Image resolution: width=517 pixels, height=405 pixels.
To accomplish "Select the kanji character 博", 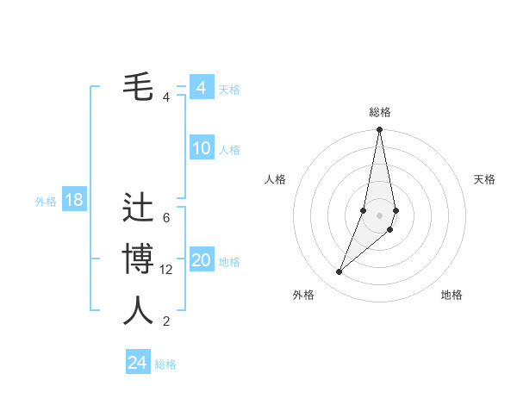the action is coord(138,259).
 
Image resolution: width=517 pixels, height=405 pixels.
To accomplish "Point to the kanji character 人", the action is coord(138,311).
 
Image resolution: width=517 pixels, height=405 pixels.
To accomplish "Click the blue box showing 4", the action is coord(201,88).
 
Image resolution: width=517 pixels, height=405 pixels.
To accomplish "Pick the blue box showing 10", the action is coord(201,148).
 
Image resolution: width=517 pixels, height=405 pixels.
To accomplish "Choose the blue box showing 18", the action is coord(74,201).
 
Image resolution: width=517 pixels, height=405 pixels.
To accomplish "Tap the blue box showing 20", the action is coord(201,260).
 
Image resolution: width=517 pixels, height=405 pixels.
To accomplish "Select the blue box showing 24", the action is coord(138,363).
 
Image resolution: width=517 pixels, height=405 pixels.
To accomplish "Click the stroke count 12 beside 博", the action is coord(166,270).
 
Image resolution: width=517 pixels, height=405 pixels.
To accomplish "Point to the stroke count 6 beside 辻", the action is coord(166,218).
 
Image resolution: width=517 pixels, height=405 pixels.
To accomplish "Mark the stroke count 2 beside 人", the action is coord(166,321).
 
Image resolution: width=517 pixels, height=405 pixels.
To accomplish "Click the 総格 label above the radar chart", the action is coord(380,112).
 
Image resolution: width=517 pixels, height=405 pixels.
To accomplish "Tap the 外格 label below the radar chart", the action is coord(303,295).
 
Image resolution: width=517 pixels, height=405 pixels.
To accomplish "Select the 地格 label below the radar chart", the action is coord(452,295).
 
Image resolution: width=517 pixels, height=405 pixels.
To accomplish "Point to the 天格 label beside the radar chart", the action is coord(485,179).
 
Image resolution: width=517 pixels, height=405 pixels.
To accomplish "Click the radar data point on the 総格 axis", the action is coord(379,130).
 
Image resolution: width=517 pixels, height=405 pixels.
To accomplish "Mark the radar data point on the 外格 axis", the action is coord(339,272).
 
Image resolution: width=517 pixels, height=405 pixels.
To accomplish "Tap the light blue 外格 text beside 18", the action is coord(46,202).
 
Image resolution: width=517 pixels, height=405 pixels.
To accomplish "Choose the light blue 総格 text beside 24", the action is coord(165,364).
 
